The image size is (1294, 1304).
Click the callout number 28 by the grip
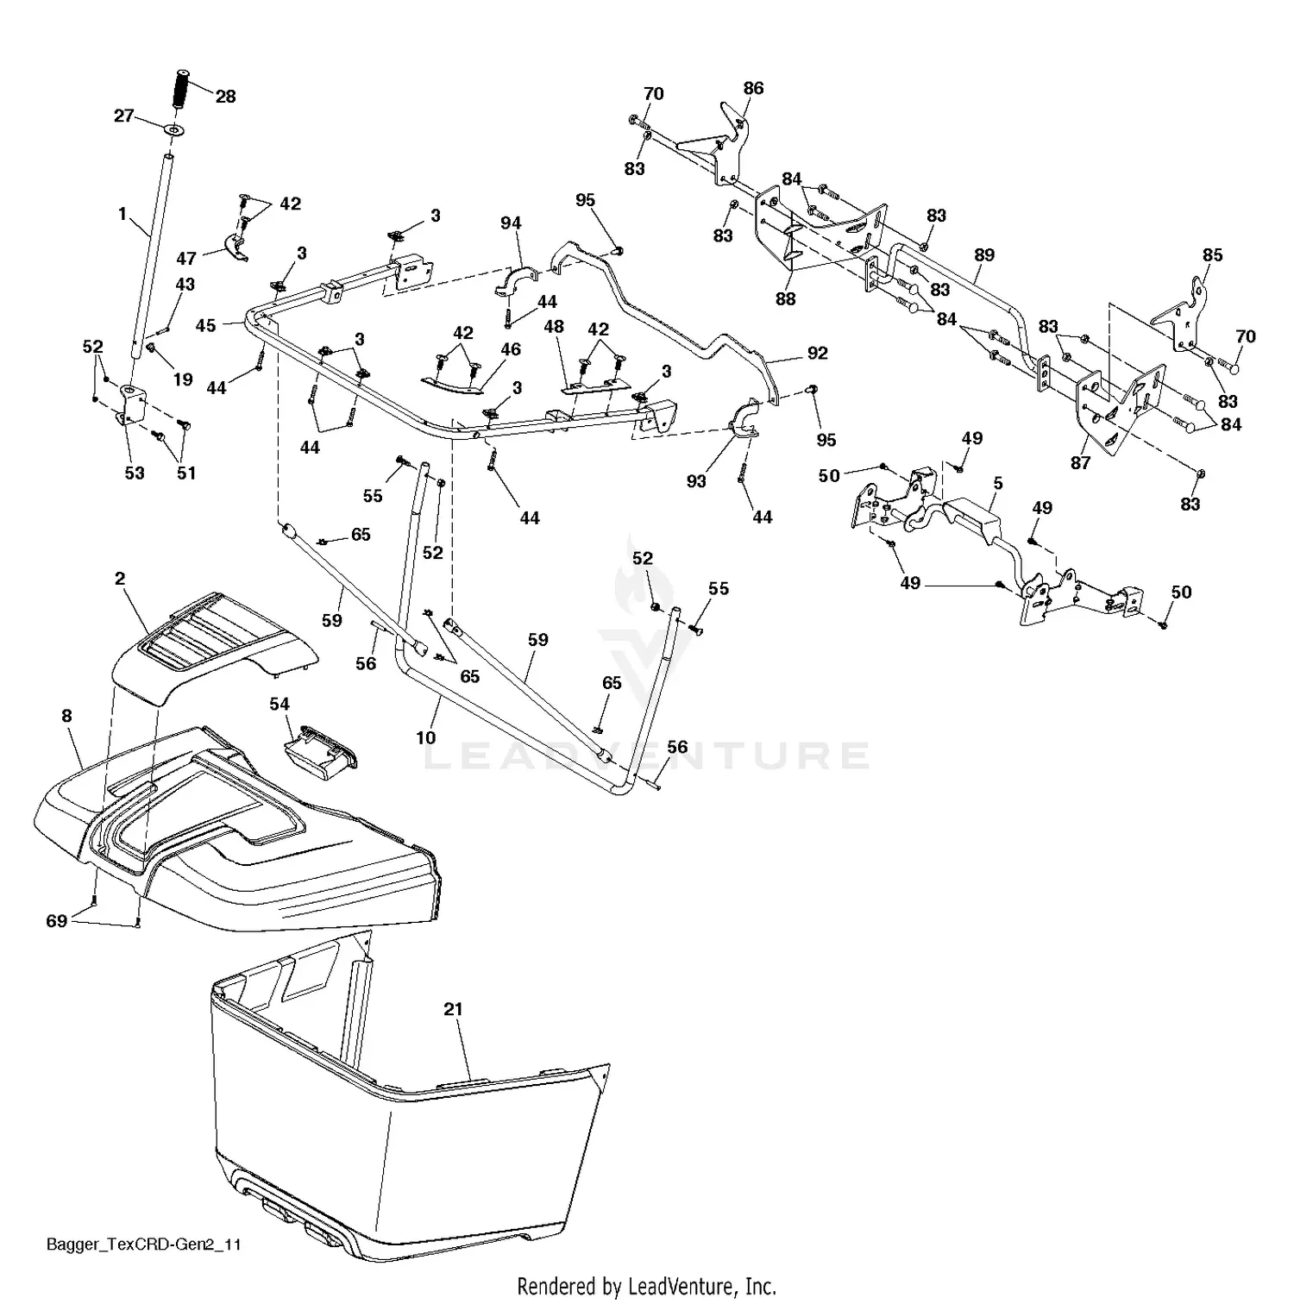(x=225, y=97)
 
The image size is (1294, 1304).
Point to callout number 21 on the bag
(x=454, y=1008)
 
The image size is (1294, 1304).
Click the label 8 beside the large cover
(x=67, y=716)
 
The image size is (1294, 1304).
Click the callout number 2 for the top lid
(x=121, y=579)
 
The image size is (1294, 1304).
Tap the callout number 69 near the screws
(x=56, y=921)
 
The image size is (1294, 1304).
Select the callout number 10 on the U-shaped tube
(x=425, y=737)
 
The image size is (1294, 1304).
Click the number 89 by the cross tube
(x=984, y=255)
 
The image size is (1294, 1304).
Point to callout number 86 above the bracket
(x=753, y=88)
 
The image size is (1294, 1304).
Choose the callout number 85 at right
(x=1212, y=255)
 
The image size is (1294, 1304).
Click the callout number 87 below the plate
(x=1080, y=463)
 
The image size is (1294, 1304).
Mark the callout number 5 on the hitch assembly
(x=998, y=484)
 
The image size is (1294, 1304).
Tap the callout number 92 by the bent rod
(x=817, y=354)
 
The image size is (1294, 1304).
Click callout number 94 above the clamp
(x=511, y=223)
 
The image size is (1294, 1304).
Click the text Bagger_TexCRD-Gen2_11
(x=143, y=1244)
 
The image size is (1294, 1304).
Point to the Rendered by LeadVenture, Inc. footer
(x=646, y=1287)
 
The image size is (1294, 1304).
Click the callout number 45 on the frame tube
(x=205, y=325)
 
